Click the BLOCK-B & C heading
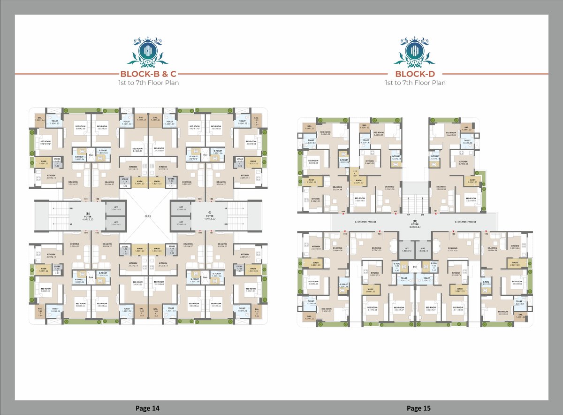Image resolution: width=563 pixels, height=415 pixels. (148, 74)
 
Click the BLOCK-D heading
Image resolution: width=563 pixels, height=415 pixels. (415, 74)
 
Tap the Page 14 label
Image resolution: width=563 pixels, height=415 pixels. (147, 408)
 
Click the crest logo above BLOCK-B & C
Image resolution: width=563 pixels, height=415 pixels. (148, 52)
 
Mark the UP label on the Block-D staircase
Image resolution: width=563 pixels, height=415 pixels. (408, 215)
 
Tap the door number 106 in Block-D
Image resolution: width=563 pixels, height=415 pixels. (343, 212)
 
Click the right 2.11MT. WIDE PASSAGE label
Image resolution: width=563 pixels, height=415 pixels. (465, 222)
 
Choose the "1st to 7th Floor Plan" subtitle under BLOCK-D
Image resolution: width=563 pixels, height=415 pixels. (415, 83)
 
